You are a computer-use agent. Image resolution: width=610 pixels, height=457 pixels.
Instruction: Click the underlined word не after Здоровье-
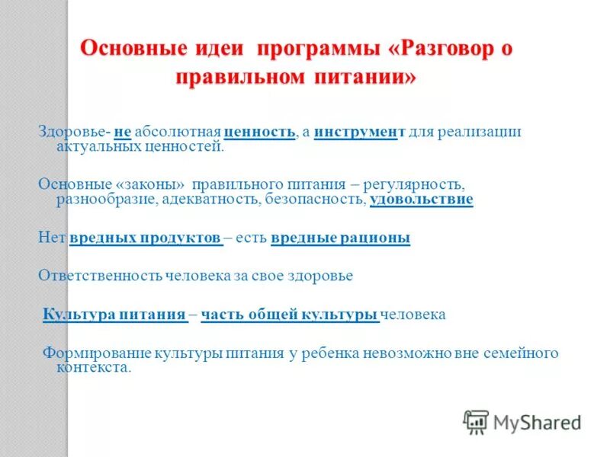(123, 132)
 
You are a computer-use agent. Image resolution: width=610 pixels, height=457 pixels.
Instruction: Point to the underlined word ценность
(259, 132)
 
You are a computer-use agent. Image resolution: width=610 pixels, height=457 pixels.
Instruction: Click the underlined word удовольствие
(421, 200)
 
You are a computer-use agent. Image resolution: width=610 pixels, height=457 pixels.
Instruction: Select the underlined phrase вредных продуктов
(146, 238)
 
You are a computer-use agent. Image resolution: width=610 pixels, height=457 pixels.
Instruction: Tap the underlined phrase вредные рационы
(340, 238)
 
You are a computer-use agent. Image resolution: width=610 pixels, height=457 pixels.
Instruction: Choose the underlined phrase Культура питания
(115, 314)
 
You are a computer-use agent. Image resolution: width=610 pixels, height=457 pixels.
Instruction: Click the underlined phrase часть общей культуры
(290, 314)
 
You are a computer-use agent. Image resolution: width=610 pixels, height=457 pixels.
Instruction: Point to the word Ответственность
(100, 276)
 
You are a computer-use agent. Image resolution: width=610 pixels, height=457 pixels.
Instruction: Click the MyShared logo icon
(476, 421)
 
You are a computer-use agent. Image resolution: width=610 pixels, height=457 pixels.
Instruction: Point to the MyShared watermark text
(537, 421)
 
